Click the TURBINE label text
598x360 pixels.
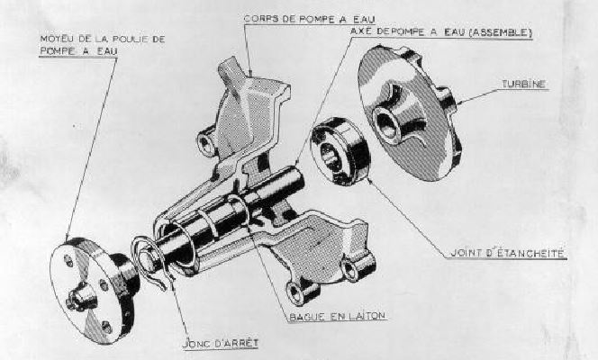pos(523,85)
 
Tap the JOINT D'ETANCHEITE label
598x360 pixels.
pos(507,253)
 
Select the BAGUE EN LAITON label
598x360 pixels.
pos(337,317)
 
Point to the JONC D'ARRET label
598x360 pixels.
pos(221,343)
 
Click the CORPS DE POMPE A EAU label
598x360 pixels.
pos(309,19)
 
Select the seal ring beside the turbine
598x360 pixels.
pos(340,151)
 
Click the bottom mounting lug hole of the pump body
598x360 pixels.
pos(295,292)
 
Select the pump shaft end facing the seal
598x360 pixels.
pos(296,179)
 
